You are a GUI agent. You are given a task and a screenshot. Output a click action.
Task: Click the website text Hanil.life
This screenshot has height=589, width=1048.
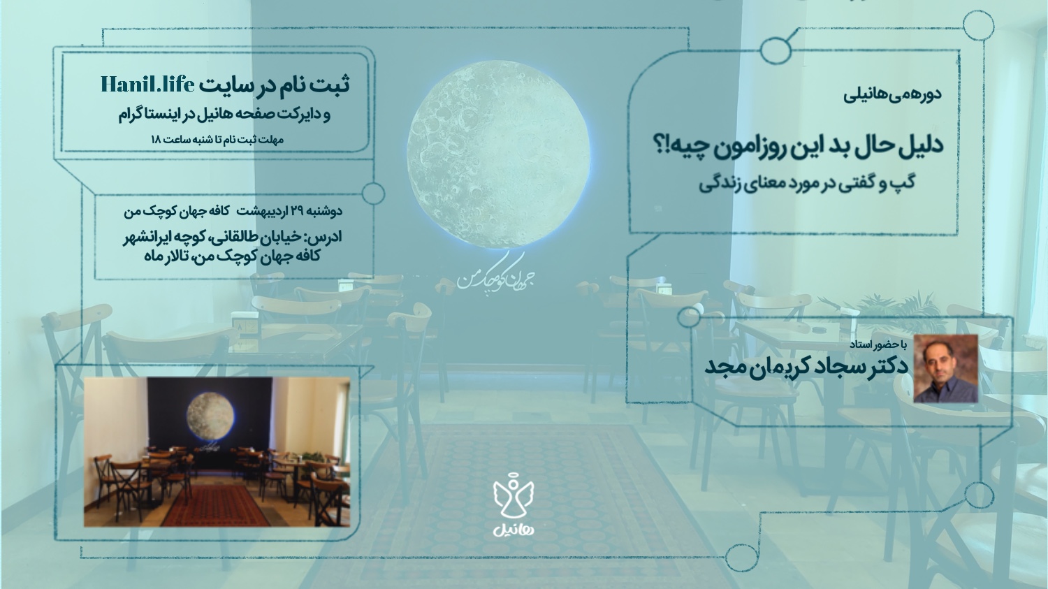(x=147, y=85)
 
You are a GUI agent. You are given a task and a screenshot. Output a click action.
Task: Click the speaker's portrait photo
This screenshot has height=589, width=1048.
(x=945, y=369)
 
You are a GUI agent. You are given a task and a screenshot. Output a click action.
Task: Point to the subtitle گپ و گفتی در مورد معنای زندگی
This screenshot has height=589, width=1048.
(x=807, y=183)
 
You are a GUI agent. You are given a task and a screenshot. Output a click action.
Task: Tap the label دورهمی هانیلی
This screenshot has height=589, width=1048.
(x=893, y=94)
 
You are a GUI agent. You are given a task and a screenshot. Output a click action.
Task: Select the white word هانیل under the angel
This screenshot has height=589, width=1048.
(x=514, y=528)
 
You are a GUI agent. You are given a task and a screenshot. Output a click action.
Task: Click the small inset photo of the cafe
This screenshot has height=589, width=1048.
(x=217, y=452)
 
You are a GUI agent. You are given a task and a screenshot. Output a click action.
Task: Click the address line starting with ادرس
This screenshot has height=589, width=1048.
(x=233, y=237)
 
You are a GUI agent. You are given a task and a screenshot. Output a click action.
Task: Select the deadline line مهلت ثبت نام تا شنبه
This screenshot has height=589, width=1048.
(x=217, y=140)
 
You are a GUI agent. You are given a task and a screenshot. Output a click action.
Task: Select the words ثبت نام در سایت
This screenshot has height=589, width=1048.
(x=275, y=85)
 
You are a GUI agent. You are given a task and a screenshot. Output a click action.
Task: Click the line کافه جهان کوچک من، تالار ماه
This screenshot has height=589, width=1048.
(x=232, y=256)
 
